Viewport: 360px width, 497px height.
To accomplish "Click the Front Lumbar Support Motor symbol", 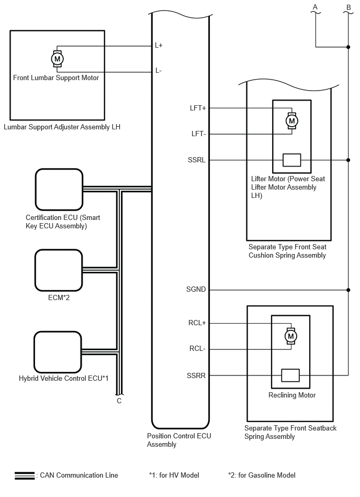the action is pyautogui.click(x=58, y=59).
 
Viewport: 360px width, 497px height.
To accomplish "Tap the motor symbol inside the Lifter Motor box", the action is pyautogui.click(x=291, y=121).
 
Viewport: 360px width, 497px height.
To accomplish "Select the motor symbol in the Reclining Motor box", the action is pyautogui.click(x=290, y=336).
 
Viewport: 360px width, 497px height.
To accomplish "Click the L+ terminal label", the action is pyautogui.click(x=159, y=46).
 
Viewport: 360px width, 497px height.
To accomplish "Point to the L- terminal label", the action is pyautogui.click(x=159, y=70).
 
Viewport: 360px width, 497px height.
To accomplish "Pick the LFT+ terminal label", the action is pyautogui.click(x=198, y=108).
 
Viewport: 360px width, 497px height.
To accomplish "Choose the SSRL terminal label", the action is pyautogui.click(x=197, y=160).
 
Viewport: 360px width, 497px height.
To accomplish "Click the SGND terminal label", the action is pyautogui.click(x=196, y=289).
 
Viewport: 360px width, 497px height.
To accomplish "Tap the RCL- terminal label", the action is pyautogui.click(x=197, y=348).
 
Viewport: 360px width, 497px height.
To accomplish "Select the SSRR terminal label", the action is pyautogui.click(x=196, y=375).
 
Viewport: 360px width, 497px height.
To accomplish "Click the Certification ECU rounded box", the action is pyautogui.click(x=59, y=190).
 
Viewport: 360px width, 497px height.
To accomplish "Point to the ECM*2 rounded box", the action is pyautogui.click(x=59, y=270).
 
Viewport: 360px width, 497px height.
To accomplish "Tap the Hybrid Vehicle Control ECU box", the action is pyautogui.click(x=58, y=352).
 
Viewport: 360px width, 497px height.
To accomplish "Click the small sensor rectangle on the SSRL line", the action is pyautogui.click(x=291, y=160).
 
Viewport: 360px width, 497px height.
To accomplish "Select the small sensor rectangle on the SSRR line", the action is pyautogui.click(x=290, y=375).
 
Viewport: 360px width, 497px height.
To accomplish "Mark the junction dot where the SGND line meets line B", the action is pyautogui.click(x=348, y=290).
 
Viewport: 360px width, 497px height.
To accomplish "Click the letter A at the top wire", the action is pyautogui.click(x=315, y=7).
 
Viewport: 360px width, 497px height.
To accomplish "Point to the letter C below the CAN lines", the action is pyautogui.click(x=119, y=401).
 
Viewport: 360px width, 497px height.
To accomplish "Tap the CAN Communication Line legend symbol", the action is pyautogui.click(x=25, y=476).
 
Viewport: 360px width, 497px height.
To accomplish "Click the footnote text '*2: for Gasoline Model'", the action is pyautogui.click(x=262, y=475).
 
